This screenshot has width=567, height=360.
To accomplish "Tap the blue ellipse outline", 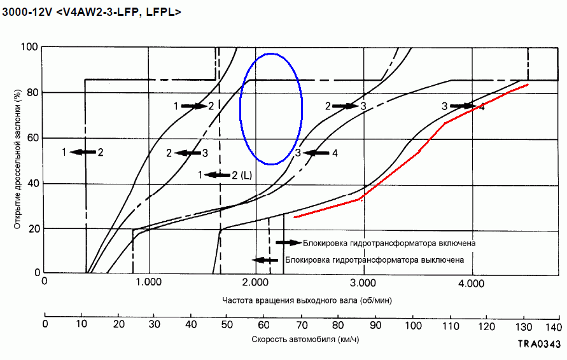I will click(240, 108).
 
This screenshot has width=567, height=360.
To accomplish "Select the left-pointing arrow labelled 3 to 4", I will click(314, 153).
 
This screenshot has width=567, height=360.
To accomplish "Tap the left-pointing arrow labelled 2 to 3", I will click(187, 153).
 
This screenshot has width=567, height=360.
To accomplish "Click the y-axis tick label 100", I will click(29, 47).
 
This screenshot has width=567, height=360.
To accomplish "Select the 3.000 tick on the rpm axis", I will click(362, 282).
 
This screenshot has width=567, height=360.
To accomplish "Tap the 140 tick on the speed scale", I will click(553, 326).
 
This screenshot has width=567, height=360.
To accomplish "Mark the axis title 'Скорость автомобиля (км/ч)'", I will click(297, 339).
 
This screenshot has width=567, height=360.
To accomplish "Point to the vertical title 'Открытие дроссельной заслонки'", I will click(15, 159).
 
